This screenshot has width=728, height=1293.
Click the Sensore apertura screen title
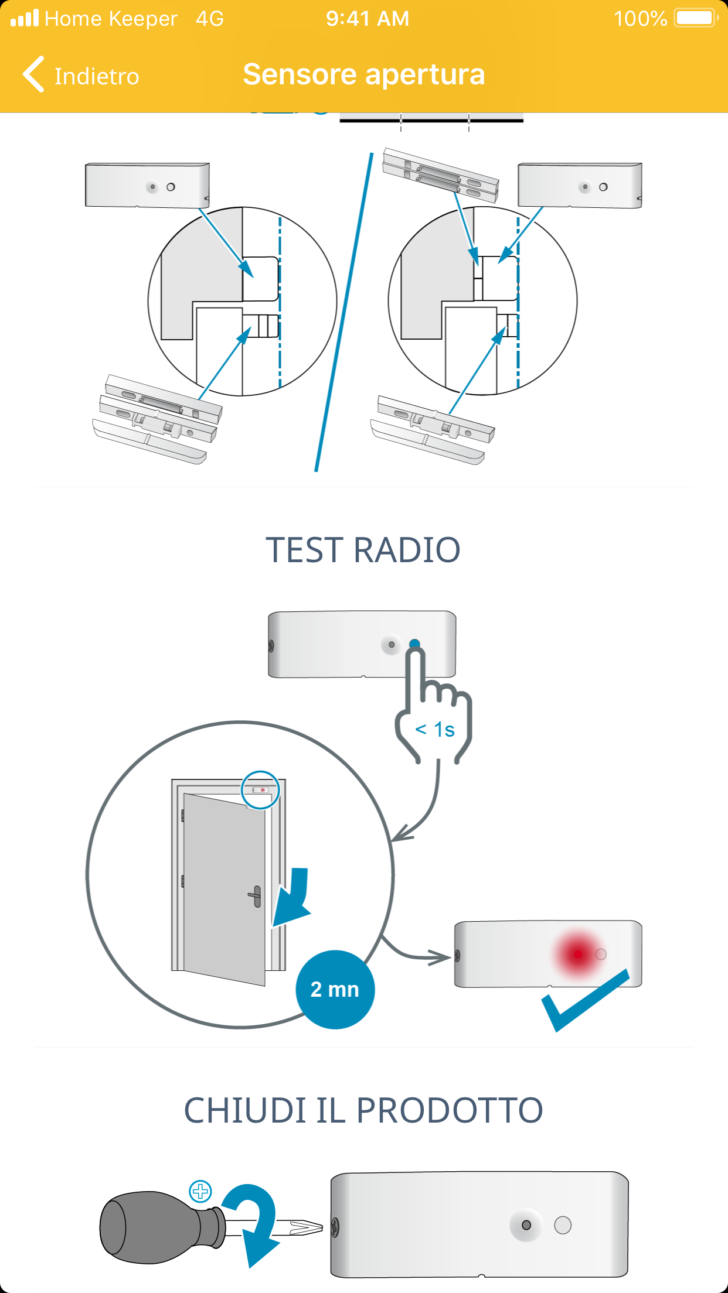point(364,74)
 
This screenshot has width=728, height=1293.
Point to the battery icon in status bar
point(695,18)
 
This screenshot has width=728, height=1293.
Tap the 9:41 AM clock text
point(368,19)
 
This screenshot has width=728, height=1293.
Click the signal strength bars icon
point(25,18)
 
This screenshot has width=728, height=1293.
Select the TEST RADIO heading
point(363,550)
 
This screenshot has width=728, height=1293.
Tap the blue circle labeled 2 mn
point(335,989)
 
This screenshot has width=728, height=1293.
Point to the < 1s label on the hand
point(435,730)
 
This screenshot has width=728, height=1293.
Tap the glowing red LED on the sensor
point(578,954)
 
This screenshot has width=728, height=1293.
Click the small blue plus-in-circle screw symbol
point(200,1191)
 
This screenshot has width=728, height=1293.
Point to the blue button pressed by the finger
point(414,644)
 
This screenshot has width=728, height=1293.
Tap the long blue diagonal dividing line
point(344,310)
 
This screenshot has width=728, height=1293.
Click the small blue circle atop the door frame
point(260,789)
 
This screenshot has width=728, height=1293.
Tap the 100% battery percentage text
point(640,19)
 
